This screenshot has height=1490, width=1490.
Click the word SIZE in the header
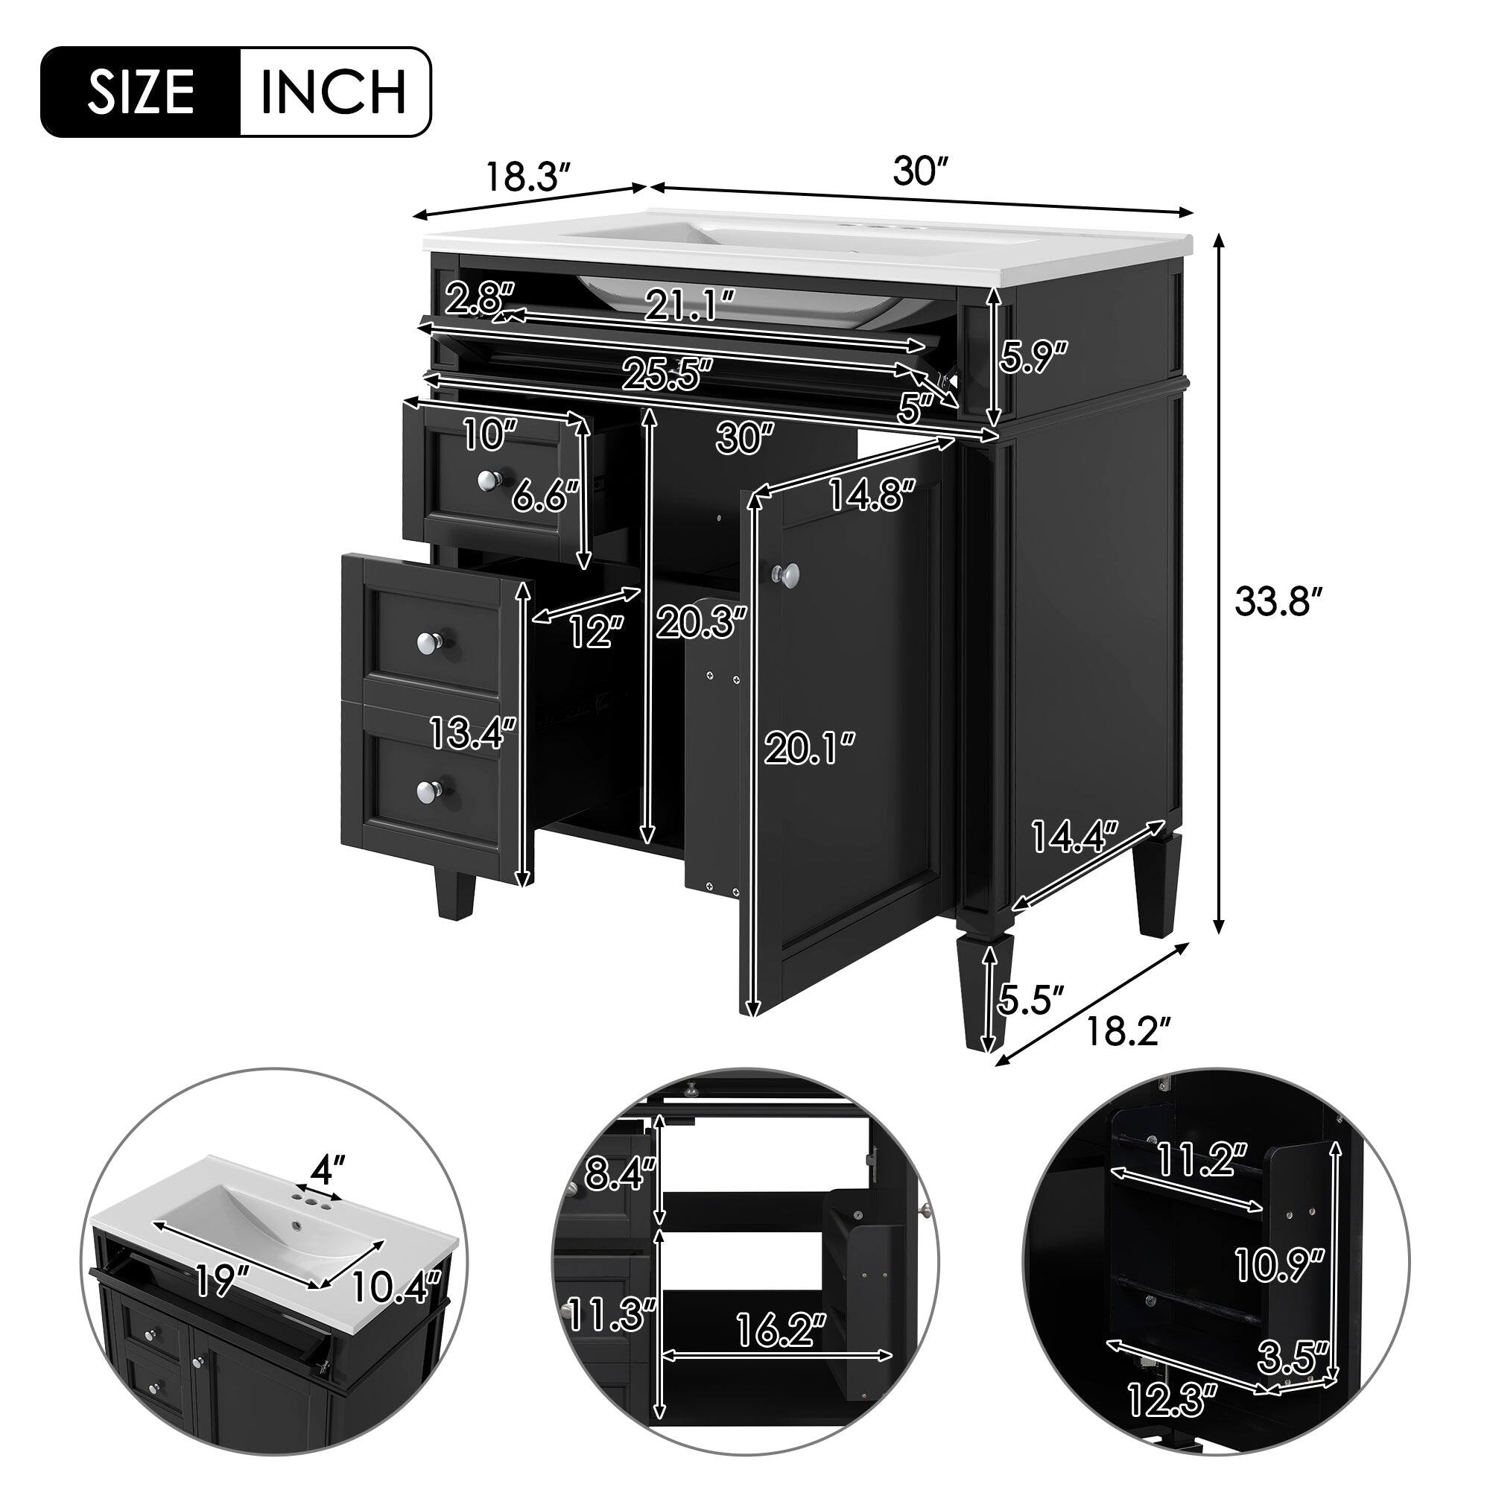click(x=141, y=92)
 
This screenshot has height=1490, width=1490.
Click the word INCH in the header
click(x=333, y=92)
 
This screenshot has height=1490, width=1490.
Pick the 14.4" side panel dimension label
click(x=1075, y=838)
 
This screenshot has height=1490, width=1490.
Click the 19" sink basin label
click(x=225, y=1283)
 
